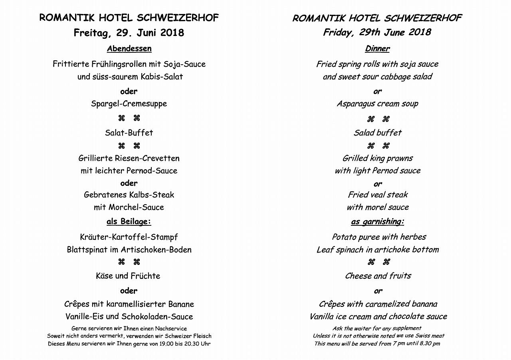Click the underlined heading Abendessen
tap(129, 49)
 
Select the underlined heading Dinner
tap(377, 49)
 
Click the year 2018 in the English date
tap(419, 32)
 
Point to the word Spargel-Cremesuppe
tap(129, 104)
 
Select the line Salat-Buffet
tap(129, 133)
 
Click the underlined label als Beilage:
tap(129, 221)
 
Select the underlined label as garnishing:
tap(377, 222)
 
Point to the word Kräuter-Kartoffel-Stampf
tap(129, 237)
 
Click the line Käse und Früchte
tap(128, 276)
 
